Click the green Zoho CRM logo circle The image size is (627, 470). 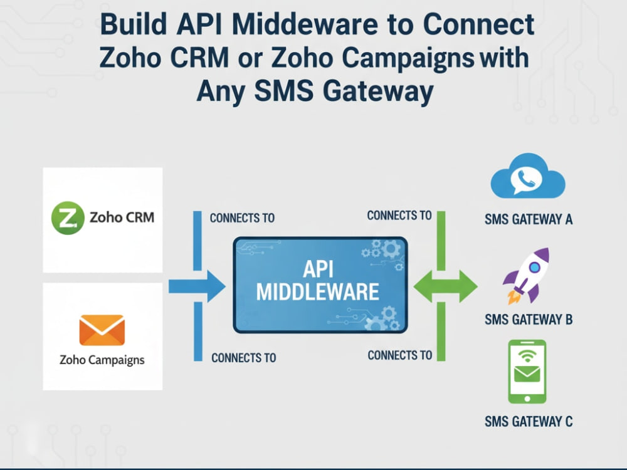tap(68, 218)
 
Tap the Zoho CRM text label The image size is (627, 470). tap(122, 217)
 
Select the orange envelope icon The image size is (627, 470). tap(102, 330)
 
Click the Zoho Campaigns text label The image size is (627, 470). tap(102, 360)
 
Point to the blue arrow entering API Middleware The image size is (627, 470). tap(197, 286)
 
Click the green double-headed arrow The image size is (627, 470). tap(445, 286)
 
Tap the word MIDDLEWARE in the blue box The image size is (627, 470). tap(317, 292)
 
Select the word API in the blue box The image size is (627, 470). tap(318, 269)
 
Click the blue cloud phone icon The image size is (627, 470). tap(528, 176)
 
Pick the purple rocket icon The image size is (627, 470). tap(527, 276)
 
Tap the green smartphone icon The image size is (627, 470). tap(527, 372)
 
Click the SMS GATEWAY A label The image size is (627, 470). tap(529, 219)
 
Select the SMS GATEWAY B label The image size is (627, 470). tap(529, 320)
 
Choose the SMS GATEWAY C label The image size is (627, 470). tap(529, 421)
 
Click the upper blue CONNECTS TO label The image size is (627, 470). tap(242, 218)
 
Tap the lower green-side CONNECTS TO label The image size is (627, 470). tap(400, 355)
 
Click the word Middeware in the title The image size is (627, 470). tap(305, 24)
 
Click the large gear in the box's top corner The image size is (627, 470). tap(391, 249)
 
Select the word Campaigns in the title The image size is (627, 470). tap(408, 59)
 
